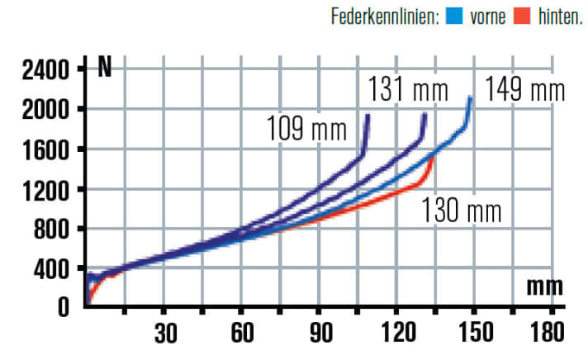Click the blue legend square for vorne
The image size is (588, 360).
[453, 15]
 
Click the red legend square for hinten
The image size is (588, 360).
[521, 15]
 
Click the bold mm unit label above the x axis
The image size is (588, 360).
[545, 288]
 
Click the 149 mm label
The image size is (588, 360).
[524, 88]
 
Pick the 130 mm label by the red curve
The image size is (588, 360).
[461, 211]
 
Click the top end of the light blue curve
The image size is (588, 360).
[471, 98]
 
